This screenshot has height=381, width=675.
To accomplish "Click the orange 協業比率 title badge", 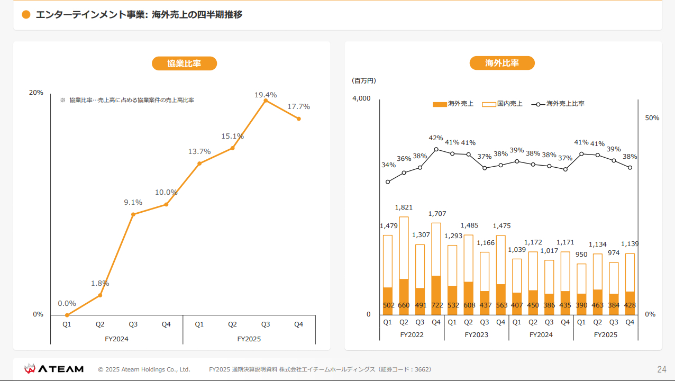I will (x=184, y=63).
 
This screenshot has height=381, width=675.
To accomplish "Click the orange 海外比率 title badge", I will (x=502, y=63).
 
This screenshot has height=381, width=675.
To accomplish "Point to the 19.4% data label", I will (x=266, y=95).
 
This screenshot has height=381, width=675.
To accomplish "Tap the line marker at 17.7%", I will (x=299, y=119).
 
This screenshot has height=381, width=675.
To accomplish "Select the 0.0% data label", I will (x=67, y=304).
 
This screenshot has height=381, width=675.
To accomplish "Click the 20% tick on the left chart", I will (x=36, y=93).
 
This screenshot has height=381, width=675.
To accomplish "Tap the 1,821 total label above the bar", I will (x=404, y=207).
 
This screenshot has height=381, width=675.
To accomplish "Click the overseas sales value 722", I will (x=436, y=305).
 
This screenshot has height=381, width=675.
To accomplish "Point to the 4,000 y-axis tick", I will (x=361, y=98).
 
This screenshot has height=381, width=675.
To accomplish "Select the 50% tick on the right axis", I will (x=652, y=118).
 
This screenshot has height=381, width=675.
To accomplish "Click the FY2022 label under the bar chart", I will (x=412, y=335).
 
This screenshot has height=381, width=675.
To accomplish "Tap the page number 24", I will (x=661, y=369).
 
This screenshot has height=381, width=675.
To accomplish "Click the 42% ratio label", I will (x=436, y=138).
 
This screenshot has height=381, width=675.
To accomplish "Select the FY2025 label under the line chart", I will (x=249, y=339).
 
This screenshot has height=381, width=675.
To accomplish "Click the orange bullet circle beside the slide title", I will (x=26, y=15).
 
